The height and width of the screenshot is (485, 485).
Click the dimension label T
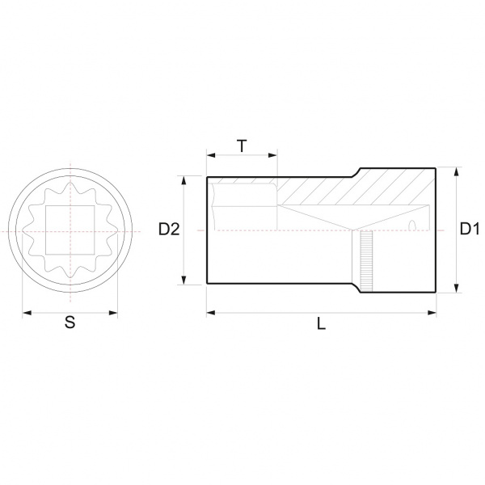click(x=242, y=146)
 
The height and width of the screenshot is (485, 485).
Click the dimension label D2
click(x=169, y=230)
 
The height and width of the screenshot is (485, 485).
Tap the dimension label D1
click(x=470, y=229)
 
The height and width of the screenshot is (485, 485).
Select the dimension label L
click(x=322, y=324)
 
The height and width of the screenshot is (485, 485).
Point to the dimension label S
click(x=70, y=322)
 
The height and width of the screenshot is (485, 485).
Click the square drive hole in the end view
click(x=70, y=230)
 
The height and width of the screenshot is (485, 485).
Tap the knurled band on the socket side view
click(x=366, y=261)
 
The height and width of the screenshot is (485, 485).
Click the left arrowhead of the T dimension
click(x=211, y=155)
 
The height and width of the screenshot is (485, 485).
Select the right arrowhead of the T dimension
click(x=273, y=155)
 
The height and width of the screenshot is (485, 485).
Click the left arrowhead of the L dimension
click(x=211, y=313)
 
